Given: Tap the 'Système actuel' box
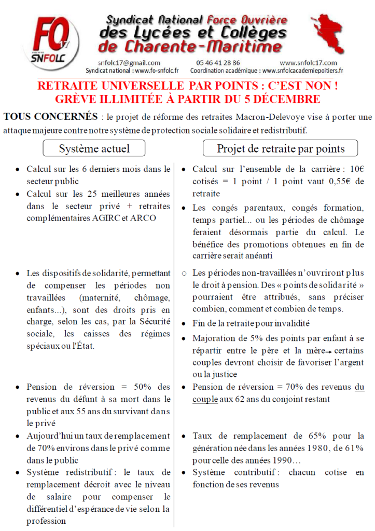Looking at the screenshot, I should click(94, 149).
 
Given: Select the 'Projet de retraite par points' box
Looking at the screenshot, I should click(281, 149).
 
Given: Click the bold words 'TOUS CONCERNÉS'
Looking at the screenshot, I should click(50, 117).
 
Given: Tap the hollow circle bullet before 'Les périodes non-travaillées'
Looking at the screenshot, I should click(184, 273).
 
